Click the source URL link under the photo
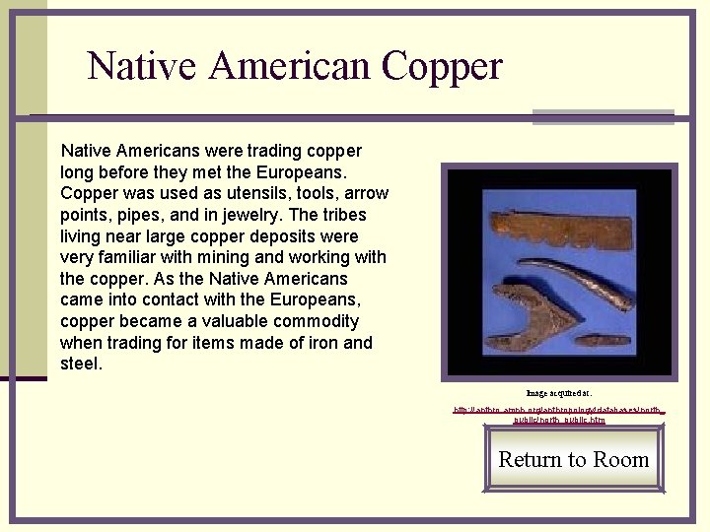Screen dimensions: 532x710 pyautogui.click(x=559, y=414)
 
